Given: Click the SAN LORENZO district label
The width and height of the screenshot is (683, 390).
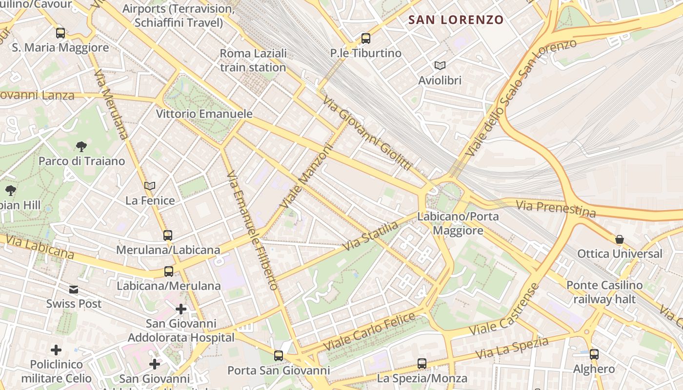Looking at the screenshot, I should [x=456, y=20].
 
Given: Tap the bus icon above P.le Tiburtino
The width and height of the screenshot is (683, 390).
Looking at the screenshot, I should [x=366, y=39].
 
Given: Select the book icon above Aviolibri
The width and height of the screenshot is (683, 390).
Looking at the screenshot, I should [x=440, y=65].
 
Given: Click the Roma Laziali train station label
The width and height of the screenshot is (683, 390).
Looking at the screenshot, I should [x=253, y=60].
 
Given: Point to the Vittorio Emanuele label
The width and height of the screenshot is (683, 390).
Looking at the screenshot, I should [x=204, y=114].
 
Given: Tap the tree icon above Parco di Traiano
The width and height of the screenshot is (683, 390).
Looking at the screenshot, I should [x=81, y=146].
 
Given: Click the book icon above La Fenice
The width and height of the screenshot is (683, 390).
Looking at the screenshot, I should [x=150, y=186].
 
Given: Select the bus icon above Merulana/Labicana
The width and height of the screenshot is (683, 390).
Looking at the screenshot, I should [x=168, y=235].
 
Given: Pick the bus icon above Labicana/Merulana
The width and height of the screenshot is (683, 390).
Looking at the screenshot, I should [x=169, y=272].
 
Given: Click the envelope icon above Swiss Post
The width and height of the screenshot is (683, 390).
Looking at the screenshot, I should [x=74, y=290].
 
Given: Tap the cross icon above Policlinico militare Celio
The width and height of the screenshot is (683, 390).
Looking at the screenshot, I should [x=56, y=350].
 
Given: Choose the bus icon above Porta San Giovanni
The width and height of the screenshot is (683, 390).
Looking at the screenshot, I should [x=279, y=356].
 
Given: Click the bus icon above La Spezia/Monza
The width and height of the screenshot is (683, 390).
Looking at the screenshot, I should [x=422, y=364].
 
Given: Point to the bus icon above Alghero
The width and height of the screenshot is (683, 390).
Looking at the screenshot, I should [x=594, y=354].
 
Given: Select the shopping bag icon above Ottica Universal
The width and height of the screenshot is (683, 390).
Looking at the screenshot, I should [x=620, y=239].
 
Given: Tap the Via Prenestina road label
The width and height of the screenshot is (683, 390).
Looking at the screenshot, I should [x=556, y=208].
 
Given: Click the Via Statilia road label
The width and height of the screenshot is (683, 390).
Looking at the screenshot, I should [x=370, y=236].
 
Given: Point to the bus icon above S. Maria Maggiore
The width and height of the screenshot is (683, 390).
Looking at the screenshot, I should [x=60, y=33].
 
